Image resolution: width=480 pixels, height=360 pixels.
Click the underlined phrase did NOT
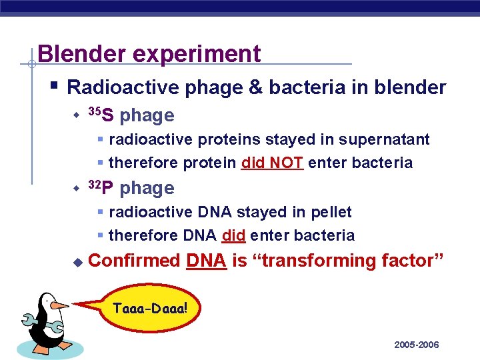tap(273, 163)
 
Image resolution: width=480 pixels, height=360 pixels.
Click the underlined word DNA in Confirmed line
tap(206, 261)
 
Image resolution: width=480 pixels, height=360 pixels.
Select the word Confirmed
tap(134, 261)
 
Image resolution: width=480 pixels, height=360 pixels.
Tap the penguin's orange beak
tap(59, 306)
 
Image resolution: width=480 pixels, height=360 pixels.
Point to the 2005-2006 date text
tap(416, 345)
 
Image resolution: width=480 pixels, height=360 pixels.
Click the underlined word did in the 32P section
tap(233, 235)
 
